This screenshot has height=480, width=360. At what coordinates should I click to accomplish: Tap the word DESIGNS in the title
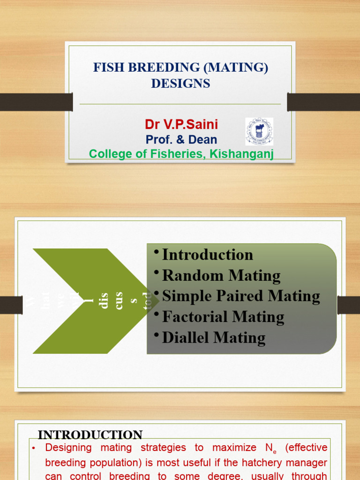(180, 84)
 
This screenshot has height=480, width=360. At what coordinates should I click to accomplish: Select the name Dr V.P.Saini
(181, 124)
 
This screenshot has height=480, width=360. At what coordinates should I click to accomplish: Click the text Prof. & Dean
(181, 140)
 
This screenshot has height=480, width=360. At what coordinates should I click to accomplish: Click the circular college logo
(259, 131)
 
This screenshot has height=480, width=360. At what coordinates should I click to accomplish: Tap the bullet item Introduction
(207, 255)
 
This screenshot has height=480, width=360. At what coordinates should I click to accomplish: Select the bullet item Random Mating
(221, 276)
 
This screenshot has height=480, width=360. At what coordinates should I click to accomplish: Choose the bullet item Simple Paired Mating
(241, 296)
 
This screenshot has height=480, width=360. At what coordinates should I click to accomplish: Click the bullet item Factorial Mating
(223, 317)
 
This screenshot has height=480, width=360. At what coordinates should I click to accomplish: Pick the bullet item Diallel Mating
(214, 337)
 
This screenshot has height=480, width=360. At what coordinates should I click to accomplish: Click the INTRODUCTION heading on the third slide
(90, 435)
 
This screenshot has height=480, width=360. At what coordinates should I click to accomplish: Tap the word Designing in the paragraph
(68, 448)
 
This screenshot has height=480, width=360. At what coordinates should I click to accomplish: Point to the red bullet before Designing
(34, 448)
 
